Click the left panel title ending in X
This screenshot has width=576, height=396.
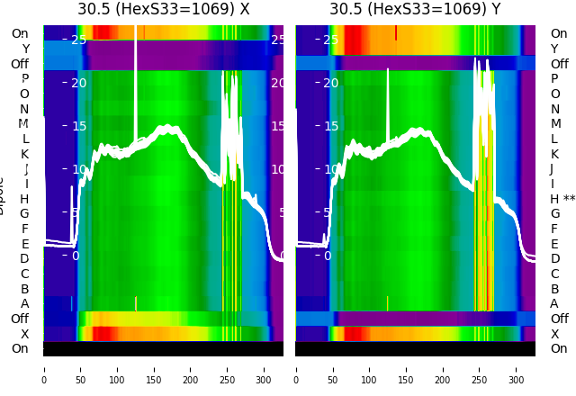pyautogui.click(x=163, y=10)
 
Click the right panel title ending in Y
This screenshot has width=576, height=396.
pyautogui.click(x=415, y=10)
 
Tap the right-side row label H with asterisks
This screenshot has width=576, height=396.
pyautogui.click(x=562, y=199)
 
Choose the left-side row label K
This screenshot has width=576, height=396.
pyautogui.click(x=24, y=154)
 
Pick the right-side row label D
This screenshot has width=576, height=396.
pyautogui.click(x=554, y=259)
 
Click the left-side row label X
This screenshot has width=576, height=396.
pyautogui.click(x=24, y=334)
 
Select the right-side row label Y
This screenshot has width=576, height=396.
pyautogui.click(x=554, y=49)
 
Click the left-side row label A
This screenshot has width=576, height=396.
pyautogui.click(x=24, y=304)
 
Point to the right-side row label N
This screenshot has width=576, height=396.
pyautogui.click(x=554, y=109)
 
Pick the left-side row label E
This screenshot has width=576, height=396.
pyautogui.click(x=24, y=244)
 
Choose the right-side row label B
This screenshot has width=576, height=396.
pyautogui.click(x=554, y=289)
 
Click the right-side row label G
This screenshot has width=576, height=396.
pyautogui.click(x=554, y=214)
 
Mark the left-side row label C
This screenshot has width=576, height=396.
pyautogui.click(x=24, y=274)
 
